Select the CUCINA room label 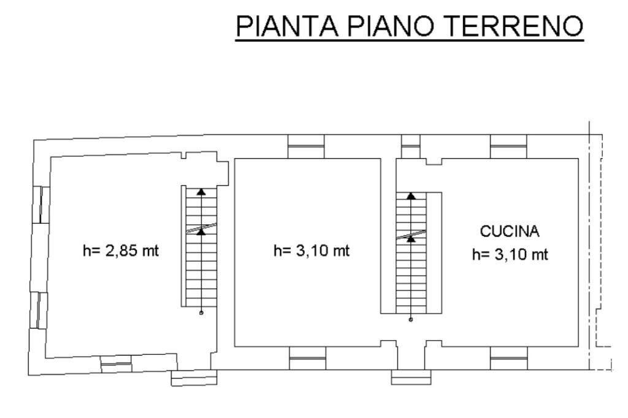pyautogui.click(x=510, y=232)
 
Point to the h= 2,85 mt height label pyautogui.click(x=121, y=251)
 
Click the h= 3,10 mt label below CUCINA pyautogui.click(x=510, y=254)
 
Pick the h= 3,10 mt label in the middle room pyautogui.click(x=312, y=251)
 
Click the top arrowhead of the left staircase pyautogui.click(x=201, y=192)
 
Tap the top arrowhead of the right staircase pyautogui.click(x=411, y=196)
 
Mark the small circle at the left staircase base pyautogui.click(x=201, y=313)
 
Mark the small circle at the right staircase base pyautogui.click(x=411, y=319)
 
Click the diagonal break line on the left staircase pyautogui.click(x=201, y=229)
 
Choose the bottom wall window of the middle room pyautogui.click(x=307, y=358)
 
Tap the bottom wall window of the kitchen pyautogui.click(x=509, y=358)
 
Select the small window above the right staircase pyautogui.click(x=410, y=146)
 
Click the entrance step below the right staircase pyautogui.click(x=410, y=377)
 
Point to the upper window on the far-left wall pyautogui.click(x=38, y=205)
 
